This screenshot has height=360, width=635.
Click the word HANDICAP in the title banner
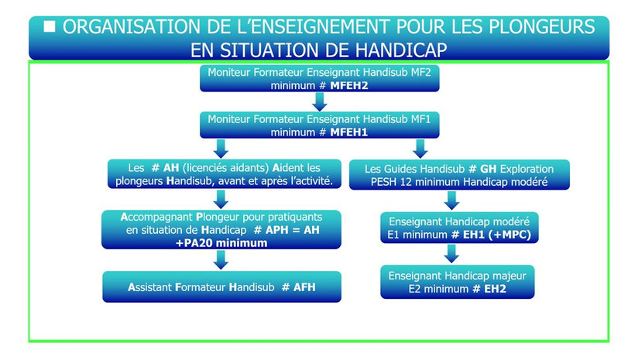(x=401, y=50)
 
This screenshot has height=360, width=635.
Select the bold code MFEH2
(x=349, y=85)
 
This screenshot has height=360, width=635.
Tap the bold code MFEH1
(x=349, y=132)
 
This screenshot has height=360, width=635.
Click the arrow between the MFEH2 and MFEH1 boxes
(x=320, y=101)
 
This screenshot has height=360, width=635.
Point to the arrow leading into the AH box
(x=221, y=149)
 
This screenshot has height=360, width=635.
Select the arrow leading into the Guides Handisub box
(x=420, y=149)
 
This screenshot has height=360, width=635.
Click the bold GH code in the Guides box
(x=488, y=169)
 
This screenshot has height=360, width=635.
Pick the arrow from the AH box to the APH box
(x=221, y=199)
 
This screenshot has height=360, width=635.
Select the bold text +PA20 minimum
(x=221, y=243)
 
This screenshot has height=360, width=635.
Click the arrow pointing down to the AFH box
(x=221, y=259)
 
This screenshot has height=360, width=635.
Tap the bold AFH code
(x=304, y=287)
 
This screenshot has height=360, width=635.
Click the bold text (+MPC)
(x=510, y=235)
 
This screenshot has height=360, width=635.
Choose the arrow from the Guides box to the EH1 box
(x=451, y=201)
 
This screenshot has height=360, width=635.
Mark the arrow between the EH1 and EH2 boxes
(x=451, y=253)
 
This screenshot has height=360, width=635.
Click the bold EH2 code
(x=495, y=289)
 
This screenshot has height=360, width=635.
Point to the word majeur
(x=509, y=276)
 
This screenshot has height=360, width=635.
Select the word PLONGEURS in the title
(x=542, y=27)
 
